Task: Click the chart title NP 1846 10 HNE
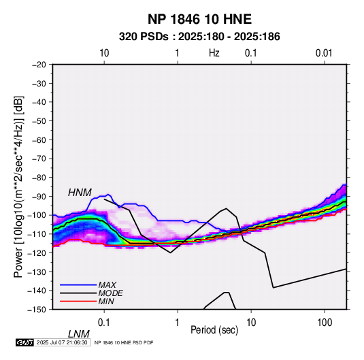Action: pyautogui.click(x=199, y=19)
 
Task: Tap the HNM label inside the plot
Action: pyautogui.click(x=80, y=193)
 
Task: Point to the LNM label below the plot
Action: pyautogui.click(x=79, y=334)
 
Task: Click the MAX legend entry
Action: pyautogui.click(x=107, y=285)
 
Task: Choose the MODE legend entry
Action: pyautogui.click(x=110, y=293)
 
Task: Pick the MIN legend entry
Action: pyautogui.click(x=106, y=301)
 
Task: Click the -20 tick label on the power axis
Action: pyautogui.click(x=39, y=65)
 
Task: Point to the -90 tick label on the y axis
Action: pyautogui.click(x=39, y=196)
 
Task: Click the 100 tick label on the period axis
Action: pyautogui.click(x=324, y=322)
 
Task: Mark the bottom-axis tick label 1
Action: pyautogui.click(x=178, y=322)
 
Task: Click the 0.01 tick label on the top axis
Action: pyautogui.click(x=324, y=53)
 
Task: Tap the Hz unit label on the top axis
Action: pyautogui.click(x=214, y=53)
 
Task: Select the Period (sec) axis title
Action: pyautogui.click(x=214, y=330)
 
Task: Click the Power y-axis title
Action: pyautogui.click(x=18, y=186)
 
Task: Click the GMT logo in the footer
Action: pyautogui.click(x=25, y=342)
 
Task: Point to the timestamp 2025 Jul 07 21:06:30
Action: pyautogui.click(x=62, y=342)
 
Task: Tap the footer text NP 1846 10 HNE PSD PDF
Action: pyautogui.click(x=124, y=342)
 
